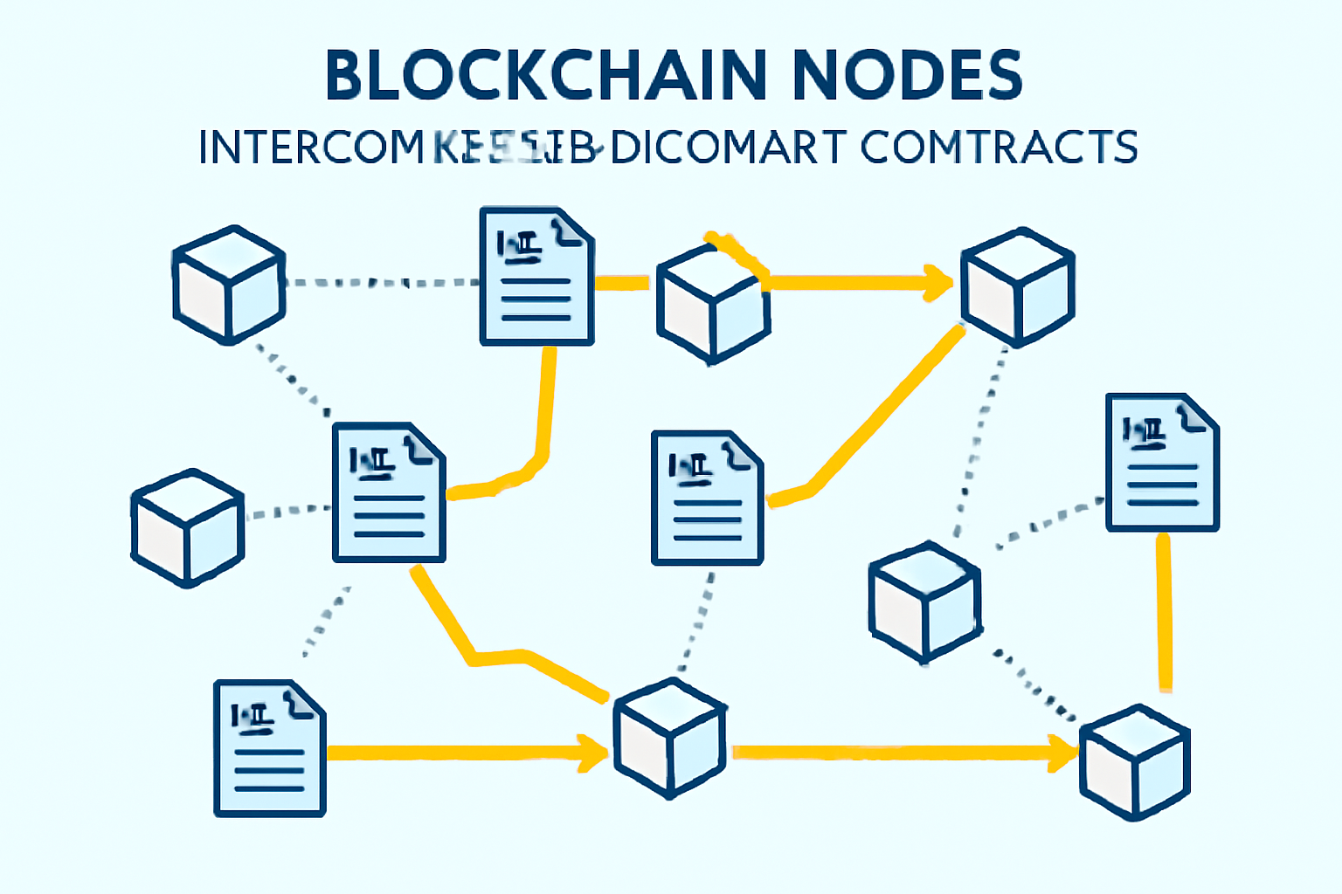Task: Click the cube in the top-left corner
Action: [x=229, y=285]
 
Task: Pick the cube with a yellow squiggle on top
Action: [x=713, y=302]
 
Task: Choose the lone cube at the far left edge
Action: [x=187, y=527]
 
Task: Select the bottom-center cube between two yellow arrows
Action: [x=669, y=738]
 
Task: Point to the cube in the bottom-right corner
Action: [x=1134, y=761]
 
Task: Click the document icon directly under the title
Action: [x=536, y=277]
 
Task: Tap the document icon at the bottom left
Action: [x=269, y=748]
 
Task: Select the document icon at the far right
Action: [x=1162, y=463]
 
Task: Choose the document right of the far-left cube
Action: [x=389, y=493]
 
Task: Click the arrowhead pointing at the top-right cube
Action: [x=940, y=282]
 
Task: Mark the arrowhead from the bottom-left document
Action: [x=593, y=753]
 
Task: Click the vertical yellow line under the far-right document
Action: [x=1164, y=611]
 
